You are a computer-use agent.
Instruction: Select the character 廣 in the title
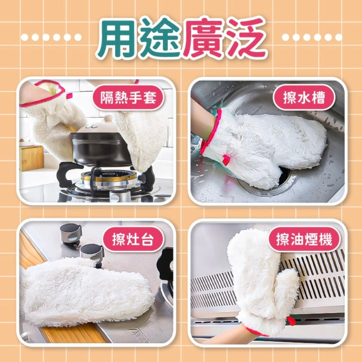tap(203, 38)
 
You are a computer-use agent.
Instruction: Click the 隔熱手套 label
tap(128, 97)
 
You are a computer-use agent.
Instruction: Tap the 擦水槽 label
tap(304, 97)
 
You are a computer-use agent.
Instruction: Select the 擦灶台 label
tap(133, 239)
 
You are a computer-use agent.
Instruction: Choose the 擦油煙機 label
tap(304, 239)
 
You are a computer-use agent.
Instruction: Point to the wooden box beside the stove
tap(32, 158)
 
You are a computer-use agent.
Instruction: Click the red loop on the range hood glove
tap(291, 321)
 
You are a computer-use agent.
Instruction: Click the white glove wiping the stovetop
tap(85, 292)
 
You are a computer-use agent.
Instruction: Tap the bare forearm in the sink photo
tap(202, 120)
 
